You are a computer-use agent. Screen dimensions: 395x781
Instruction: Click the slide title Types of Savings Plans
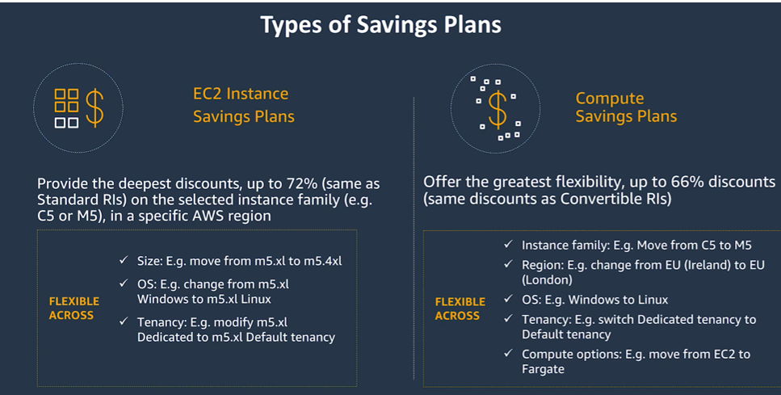point(380,25)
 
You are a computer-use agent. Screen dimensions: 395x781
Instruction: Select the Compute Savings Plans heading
point(626,107)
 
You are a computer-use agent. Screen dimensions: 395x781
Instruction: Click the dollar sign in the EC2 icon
point(94,107)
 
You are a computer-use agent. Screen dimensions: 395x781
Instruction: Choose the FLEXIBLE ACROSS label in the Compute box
point(460,309)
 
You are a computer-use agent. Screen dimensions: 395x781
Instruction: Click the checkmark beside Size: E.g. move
point(123,261)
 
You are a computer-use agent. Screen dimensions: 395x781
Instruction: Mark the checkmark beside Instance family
point(507,244)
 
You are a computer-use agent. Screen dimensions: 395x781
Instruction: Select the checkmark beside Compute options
point(507,354)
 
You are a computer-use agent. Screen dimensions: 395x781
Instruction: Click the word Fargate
point(543,369)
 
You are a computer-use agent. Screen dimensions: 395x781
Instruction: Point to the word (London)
point(550,280)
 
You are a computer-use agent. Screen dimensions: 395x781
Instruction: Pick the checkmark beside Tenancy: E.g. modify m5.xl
point(123,321)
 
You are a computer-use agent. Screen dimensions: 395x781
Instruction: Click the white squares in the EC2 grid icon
point(66,123)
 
